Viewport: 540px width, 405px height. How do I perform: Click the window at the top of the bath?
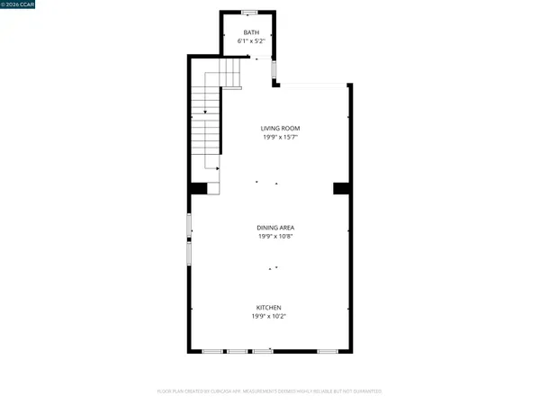249,12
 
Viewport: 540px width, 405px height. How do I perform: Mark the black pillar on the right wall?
341,187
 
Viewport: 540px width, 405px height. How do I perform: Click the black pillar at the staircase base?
197,187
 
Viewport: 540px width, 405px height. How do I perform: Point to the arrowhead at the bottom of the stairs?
220,167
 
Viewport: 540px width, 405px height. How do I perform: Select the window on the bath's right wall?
275,69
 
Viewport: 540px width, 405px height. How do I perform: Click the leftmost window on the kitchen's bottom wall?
212,350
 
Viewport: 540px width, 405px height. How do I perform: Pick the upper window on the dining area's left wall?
188,225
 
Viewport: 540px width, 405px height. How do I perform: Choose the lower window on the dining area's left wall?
188,253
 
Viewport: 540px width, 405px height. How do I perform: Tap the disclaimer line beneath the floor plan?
270,391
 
